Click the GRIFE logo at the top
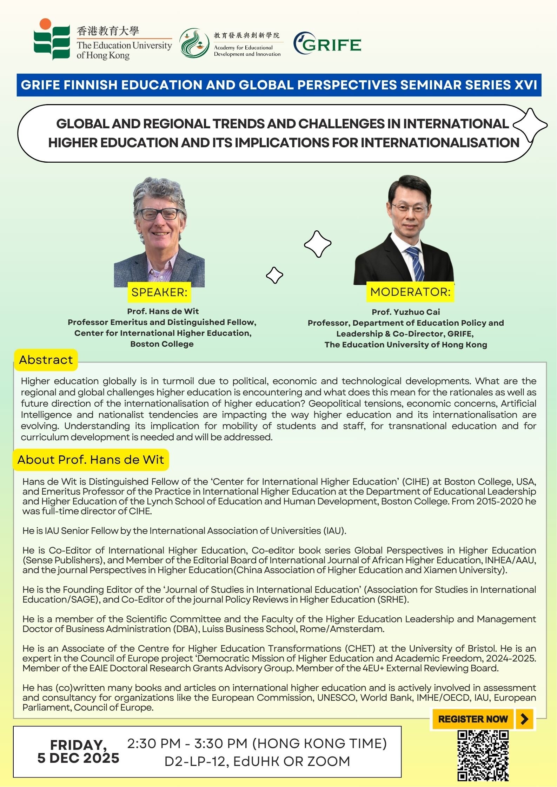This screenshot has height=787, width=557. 327,43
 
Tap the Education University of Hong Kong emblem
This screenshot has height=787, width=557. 52,39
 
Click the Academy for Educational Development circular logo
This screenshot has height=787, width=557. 194,43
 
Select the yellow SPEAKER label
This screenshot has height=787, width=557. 159,292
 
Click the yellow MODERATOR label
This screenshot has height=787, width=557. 410,292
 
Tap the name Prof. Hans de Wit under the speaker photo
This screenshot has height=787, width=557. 163,311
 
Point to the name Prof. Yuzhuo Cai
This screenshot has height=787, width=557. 406,312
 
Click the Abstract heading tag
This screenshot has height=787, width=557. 46,360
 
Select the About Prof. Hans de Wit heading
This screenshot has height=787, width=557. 91,460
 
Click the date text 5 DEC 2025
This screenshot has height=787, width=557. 78,758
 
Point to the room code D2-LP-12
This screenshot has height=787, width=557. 194,761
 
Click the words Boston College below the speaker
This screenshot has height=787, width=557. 162,344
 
